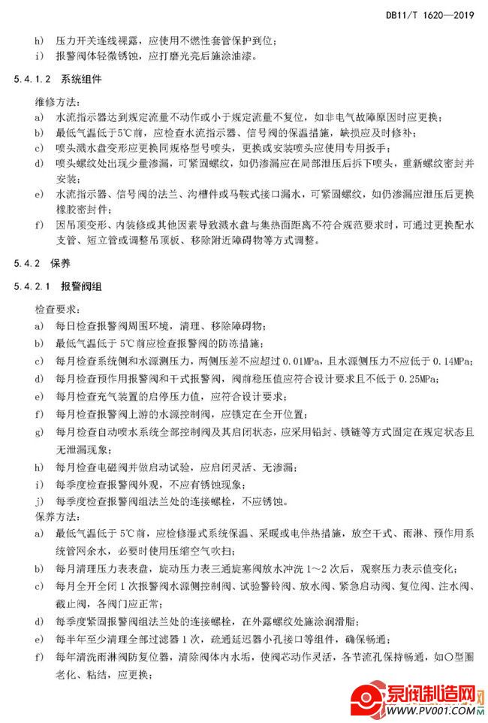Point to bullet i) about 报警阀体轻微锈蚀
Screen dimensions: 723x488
point(38,56)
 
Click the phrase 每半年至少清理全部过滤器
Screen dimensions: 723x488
point(124,640)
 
